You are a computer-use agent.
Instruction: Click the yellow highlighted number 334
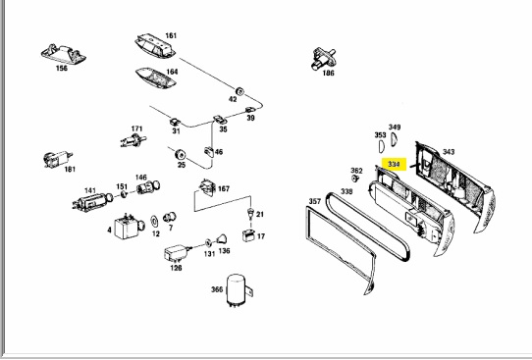pyautogui.click(x=394, y=165)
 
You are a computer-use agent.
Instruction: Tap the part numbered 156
pyautogui.click(x=63, y=54)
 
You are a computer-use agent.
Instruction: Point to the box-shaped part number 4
pyautogui.click(x=129, y=227)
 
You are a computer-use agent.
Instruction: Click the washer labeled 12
pyautogui.click(x=154, y=222)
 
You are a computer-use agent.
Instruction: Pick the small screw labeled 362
pyautogui.click(x=355, y=178)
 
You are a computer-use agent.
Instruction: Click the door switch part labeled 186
pyautogui.click(x=323, y=59)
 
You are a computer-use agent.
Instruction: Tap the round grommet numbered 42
pyautogui.click(x=239, y=91)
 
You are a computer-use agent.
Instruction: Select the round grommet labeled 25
pyautogui.click(x=180, y=155)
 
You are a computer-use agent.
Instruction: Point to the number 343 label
pyautogui.click(x=449, y=152)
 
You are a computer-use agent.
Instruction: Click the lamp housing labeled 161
pyautogui.click(x=155, y=45)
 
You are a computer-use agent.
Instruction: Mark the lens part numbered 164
pyautogui.click(x=156, y=78)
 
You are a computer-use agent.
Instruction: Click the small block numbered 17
pyautogui.click(x=248, y=235)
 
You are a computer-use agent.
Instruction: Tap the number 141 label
pyautogui.click(x=90, y=190)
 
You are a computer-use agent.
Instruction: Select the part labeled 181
pyautogui.click(x=58, y=159)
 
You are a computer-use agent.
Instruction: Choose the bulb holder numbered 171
pyautogui.click(x=133, y=140)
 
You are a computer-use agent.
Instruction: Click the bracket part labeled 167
pyautogui.click(x=208, y=187)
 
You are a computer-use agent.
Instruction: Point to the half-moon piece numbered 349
pyautogui.click(x=394, y=139)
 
